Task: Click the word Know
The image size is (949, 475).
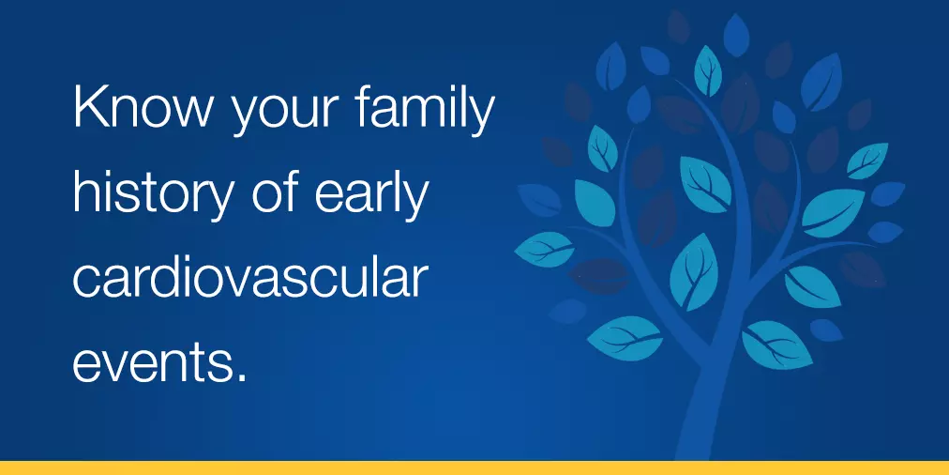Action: pyautogui.click(x=143, y=107)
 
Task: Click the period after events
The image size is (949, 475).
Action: pyautogui.click(x=243, y=377)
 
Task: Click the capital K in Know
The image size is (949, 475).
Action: pyautogui.click(x=90, y=107)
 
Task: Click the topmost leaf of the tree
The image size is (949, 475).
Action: pyautogui.click(x=736, y=35)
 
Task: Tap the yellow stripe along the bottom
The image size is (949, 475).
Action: pyautogui.click(x=474, y=468)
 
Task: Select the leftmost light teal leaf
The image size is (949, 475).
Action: pyautogui.click(x=544, y=249)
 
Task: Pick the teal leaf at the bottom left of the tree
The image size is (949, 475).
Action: pyautogui.click(x=625, y=338)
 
